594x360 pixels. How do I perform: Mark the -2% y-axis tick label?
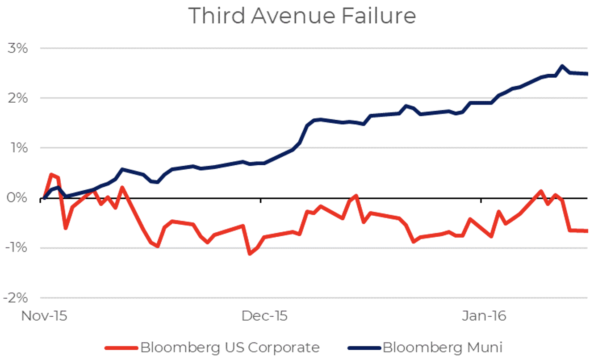[15, 298]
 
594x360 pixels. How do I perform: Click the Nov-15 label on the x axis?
[44, 316]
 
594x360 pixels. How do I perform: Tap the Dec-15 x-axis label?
[264, 316]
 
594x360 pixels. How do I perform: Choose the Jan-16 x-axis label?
[484, 316]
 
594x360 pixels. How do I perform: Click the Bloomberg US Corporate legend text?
[230, 347]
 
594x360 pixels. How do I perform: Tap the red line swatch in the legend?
[121, 347]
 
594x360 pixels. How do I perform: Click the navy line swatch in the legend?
[363, 347]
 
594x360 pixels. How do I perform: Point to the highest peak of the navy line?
[562, 66]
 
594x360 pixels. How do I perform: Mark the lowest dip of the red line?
[249, 254]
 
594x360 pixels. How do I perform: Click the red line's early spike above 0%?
[51, 174]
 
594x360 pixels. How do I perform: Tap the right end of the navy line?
[587, 74]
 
